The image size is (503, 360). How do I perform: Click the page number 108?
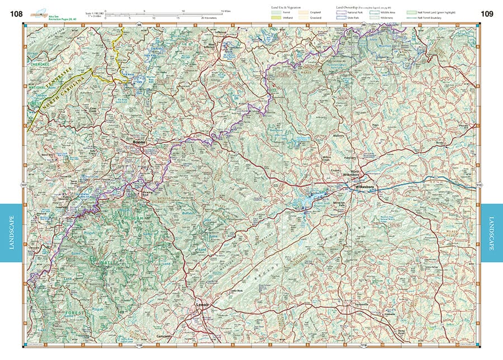coord(15,14)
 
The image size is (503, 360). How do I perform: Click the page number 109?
coord(487,14)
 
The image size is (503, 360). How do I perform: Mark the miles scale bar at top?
coord(168,11)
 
